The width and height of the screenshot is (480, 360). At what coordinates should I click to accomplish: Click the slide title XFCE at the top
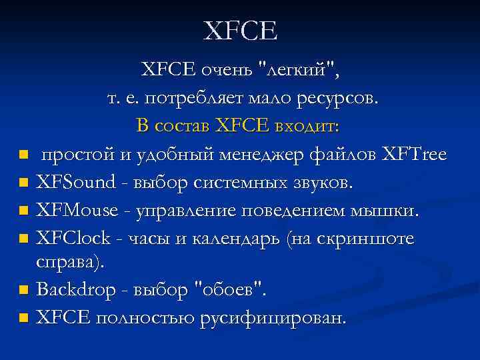240,31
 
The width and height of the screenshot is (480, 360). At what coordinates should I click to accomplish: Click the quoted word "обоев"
230,290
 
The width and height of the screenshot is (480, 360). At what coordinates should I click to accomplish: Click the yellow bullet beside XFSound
24,182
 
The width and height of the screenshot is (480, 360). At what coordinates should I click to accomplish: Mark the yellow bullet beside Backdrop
24,290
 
